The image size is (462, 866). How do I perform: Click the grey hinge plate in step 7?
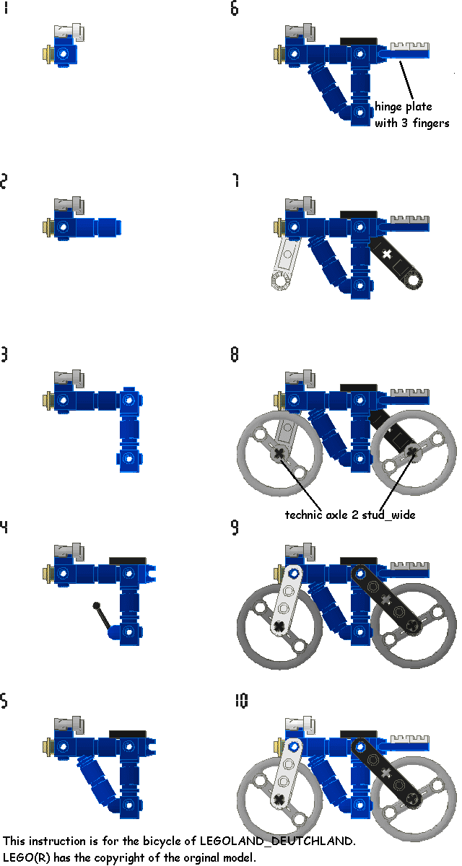click(409, 219)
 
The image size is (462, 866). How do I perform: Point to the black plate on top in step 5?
click(128, 733)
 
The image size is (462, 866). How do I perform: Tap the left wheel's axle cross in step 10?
click(278, 798)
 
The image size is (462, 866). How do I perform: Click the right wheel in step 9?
click(413, 625)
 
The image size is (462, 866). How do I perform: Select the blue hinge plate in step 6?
click(409, 51)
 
